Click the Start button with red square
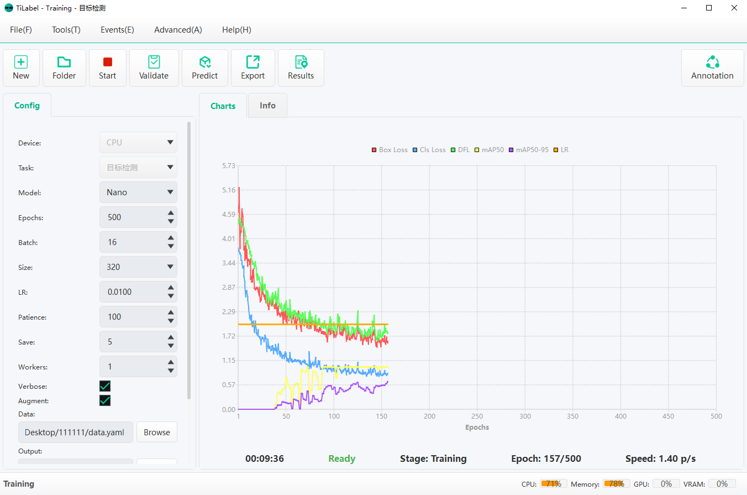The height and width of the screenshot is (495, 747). (x=107, y=68)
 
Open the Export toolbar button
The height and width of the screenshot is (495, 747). (x=252, y=68)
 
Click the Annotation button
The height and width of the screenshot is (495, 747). (x=712, y=68)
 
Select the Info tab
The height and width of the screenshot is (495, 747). (x=267, y=106)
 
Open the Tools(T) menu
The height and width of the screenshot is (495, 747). (x=66, y=30)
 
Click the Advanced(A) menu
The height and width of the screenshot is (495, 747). (x=178, y=30)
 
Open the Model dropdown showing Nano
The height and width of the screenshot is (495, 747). (x=138, y=192)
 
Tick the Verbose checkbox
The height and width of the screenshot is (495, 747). (x=105, y=386)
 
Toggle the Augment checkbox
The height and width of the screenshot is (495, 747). (x=105, y=400)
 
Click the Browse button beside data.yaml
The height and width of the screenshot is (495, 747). (x=157, y=433)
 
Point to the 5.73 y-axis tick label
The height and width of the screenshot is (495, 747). (x=228, y=165)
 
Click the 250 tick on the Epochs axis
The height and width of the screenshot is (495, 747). (x=477, y=416)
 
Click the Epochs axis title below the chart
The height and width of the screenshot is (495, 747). (x=477, y=427)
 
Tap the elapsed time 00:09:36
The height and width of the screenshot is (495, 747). (x=265, y=458)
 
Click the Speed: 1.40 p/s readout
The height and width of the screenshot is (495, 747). (x=660, y=458)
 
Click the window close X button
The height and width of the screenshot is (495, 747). (x=734, y=8)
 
